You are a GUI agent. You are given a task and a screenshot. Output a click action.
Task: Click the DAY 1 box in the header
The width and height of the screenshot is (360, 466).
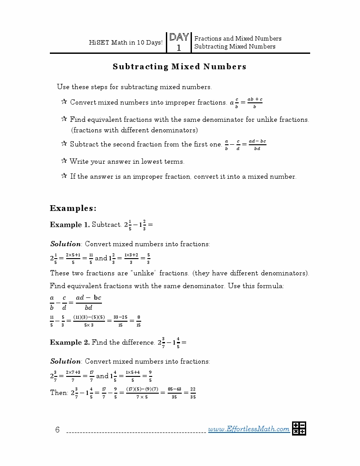pos(179,42)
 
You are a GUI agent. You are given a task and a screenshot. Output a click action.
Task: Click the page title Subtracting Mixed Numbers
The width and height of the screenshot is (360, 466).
pos(180,67)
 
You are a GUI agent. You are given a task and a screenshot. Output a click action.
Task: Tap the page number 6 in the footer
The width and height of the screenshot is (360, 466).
pos(57,430)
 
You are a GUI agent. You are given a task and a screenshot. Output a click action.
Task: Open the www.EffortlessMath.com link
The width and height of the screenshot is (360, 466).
pos(249,429)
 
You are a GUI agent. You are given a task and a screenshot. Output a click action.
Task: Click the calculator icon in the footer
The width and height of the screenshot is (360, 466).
pos(299,428)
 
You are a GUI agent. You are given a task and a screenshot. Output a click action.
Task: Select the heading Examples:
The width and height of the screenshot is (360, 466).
pos(73,208)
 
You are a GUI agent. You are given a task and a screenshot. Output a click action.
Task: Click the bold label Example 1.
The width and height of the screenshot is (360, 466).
pos(70,225)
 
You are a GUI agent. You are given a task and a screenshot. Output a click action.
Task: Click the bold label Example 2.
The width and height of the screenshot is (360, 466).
pos(70,342)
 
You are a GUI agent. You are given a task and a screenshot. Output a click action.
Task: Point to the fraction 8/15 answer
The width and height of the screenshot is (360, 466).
pos(139,322)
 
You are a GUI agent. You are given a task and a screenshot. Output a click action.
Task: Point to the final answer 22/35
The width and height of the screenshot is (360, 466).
pos(193,393)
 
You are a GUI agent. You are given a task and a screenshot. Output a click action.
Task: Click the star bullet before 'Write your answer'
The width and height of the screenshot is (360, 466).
pos(64,161)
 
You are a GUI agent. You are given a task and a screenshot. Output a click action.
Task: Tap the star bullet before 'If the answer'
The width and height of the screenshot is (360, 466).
pos(64,176)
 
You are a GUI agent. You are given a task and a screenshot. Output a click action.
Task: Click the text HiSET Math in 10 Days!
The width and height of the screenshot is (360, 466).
pos(126,43)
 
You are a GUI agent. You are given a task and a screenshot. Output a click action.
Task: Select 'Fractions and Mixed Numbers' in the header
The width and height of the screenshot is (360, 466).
pos(238,38)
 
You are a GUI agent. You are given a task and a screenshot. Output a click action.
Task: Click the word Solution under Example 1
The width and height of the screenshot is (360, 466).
pos(65,244)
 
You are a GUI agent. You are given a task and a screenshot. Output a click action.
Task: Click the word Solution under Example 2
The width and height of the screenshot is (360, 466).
pos(65,361)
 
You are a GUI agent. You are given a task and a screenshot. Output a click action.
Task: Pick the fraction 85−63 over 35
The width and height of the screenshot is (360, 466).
pos(174,393)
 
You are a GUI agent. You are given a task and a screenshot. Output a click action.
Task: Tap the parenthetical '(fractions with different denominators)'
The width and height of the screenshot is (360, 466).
pos(135,130)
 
